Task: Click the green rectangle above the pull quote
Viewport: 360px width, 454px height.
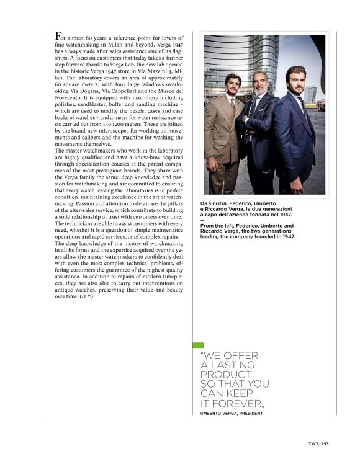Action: pos(198,345)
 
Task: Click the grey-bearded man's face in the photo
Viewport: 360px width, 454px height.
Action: pos(259,81)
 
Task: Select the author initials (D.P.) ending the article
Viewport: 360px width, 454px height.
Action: pos(84,296)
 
